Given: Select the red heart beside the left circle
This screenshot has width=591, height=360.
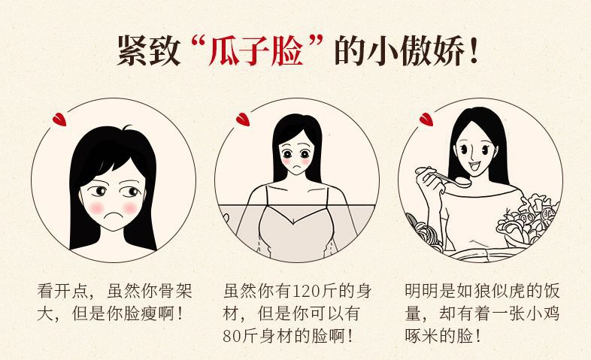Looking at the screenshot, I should [59, 119].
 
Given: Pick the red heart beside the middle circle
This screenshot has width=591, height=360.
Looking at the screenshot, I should [242, 119].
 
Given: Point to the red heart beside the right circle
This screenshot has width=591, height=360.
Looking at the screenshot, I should [426, 119].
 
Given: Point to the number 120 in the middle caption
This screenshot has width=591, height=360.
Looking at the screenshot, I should [306, 291].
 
